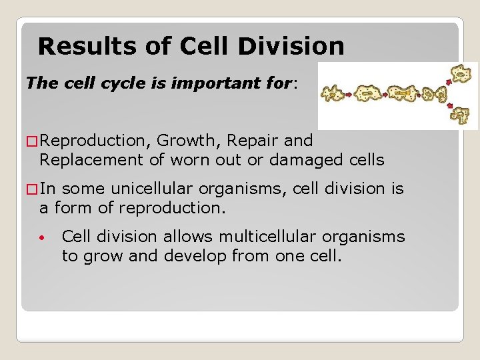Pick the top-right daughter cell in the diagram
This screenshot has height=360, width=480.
tap(460, 73)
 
